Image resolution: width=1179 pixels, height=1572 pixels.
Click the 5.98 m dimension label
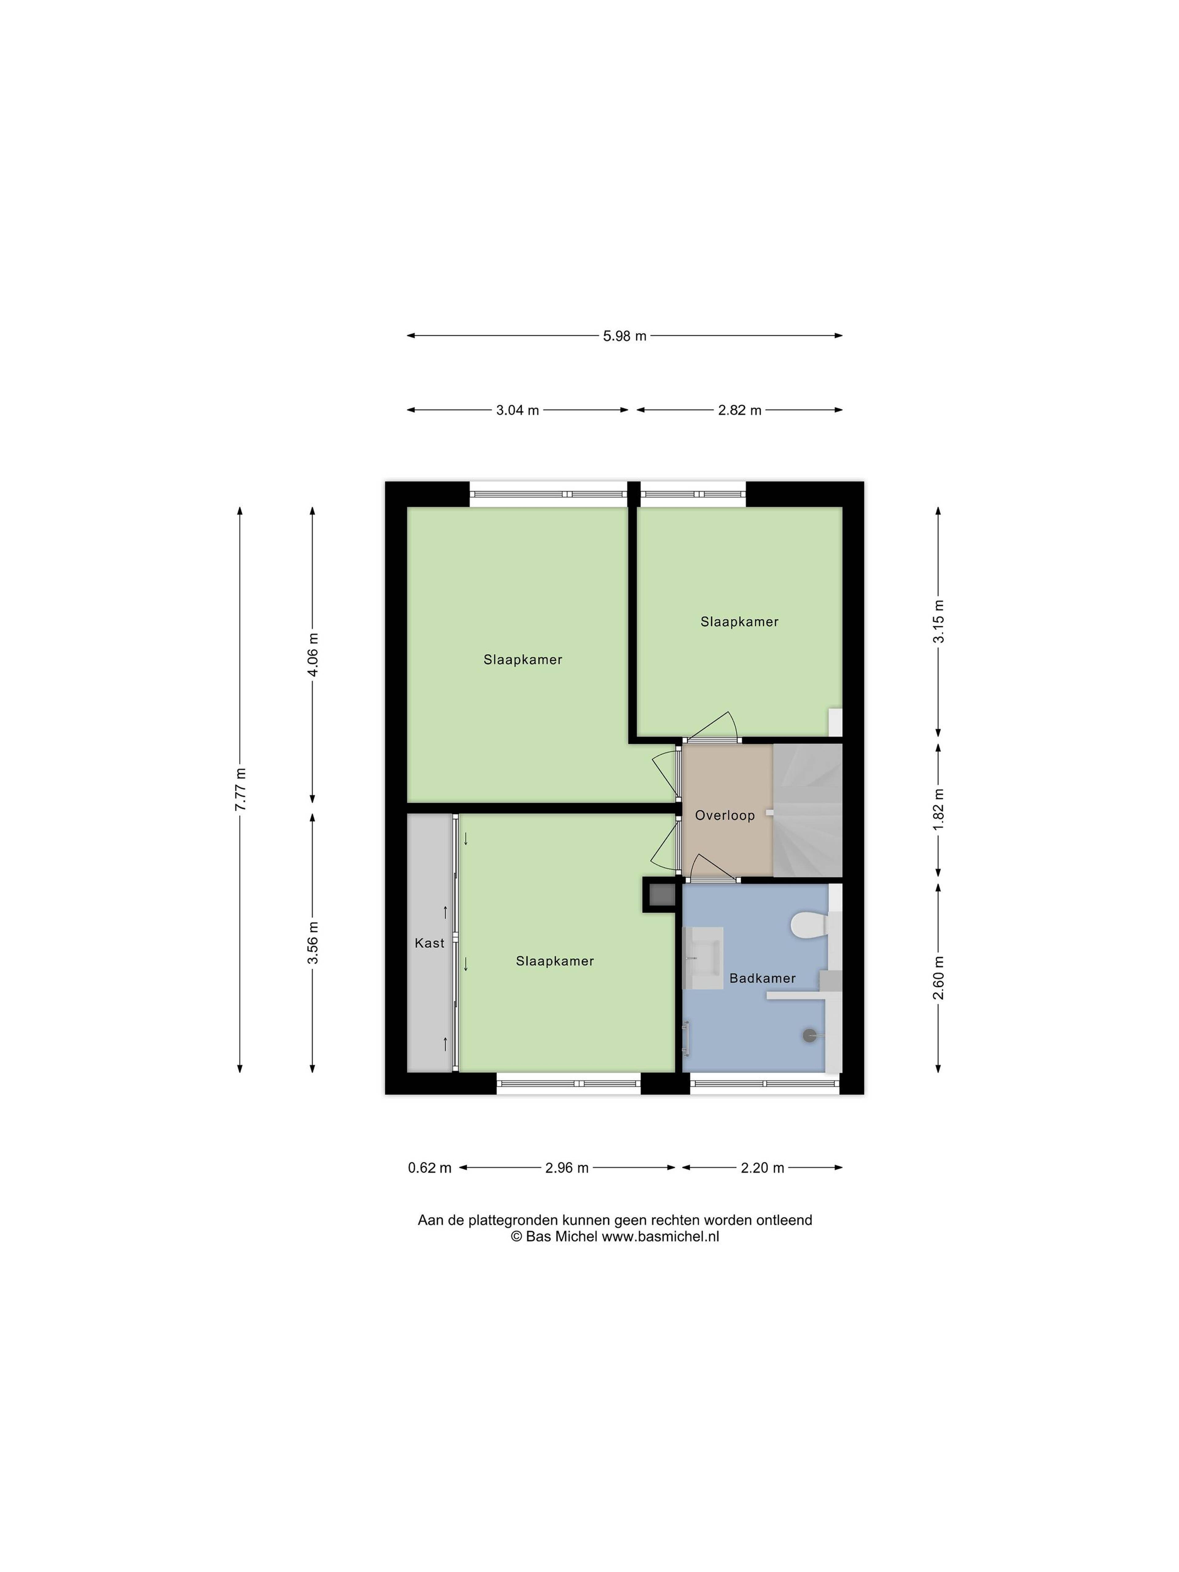point(625,336)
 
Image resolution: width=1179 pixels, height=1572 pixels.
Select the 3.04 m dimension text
point(517,410)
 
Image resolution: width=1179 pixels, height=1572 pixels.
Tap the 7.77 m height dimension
point(240,790)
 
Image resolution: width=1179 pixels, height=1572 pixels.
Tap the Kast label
point(429,943)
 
